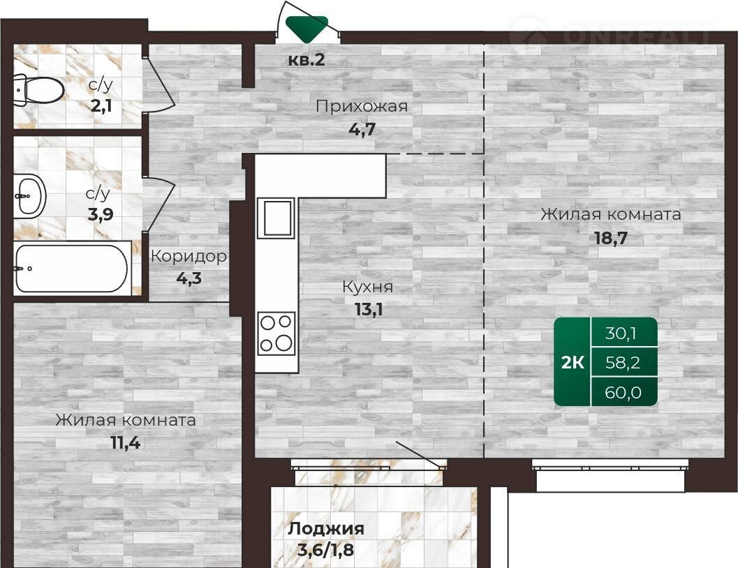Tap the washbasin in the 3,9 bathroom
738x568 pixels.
29,196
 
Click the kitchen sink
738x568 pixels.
276,218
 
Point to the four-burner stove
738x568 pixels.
276,334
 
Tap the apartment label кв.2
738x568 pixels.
307,60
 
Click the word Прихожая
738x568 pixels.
362,106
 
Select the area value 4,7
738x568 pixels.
362,129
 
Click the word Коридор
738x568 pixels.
189,257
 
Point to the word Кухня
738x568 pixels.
367,287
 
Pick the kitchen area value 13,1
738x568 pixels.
369,309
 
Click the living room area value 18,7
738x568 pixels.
611,238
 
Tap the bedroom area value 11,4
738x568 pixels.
125,442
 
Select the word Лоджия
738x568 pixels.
325,529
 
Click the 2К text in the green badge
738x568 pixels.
573,363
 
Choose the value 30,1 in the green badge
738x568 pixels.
621,334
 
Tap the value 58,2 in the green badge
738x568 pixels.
622,363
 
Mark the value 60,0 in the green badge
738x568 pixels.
623,392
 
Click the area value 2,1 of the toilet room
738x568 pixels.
101,106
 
